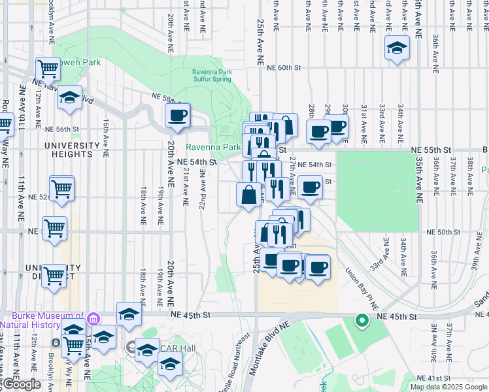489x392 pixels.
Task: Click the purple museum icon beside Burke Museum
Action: click(93, 319)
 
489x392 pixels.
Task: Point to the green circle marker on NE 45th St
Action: click(361, 320)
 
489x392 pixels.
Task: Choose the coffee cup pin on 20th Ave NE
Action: click(177, 116)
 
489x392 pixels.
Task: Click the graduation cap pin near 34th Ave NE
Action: click(397, 48)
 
